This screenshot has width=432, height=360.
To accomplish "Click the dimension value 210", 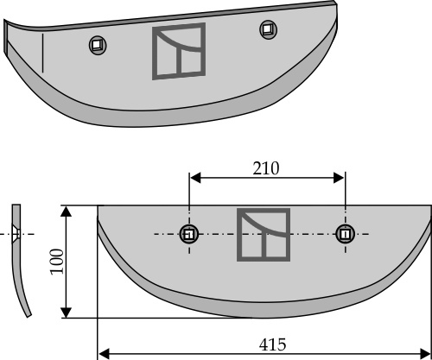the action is pos(266,168).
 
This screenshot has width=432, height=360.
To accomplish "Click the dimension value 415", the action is pos(272,344).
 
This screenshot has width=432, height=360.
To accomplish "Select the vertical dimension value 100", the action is pos(57,262).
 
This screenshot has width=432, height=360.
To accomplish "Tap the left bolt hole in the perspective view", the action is pos(98,45).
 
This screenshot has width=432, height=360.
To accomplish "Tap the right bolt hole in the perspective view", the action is pos(269,29).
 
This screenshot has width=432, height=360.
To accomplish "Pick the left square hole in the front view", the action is pos(189,234).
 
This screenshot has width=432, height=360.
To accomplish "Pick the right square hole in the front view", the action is pos(345,234).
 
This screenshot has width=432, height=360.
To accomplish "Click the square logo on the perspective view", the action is pos(179,51).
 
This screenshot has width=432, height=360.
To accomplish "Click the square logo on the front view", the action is pos(264,235).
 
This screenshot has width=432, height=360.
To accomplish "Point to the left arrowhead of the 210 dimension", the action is pos(195,178).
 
